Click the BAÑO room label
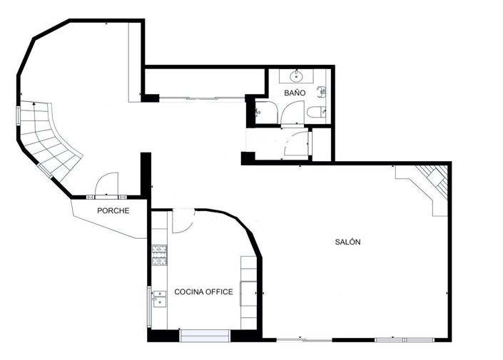[295, 93]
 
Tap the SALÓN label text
[348, 242]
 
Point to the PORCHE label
[113, 210]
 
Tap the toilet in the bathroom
[315, 111]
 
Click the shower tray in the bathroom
[263, 111]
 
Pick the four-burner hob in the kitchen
[159, 254]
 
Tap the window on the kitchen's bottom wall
[205, 335]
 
